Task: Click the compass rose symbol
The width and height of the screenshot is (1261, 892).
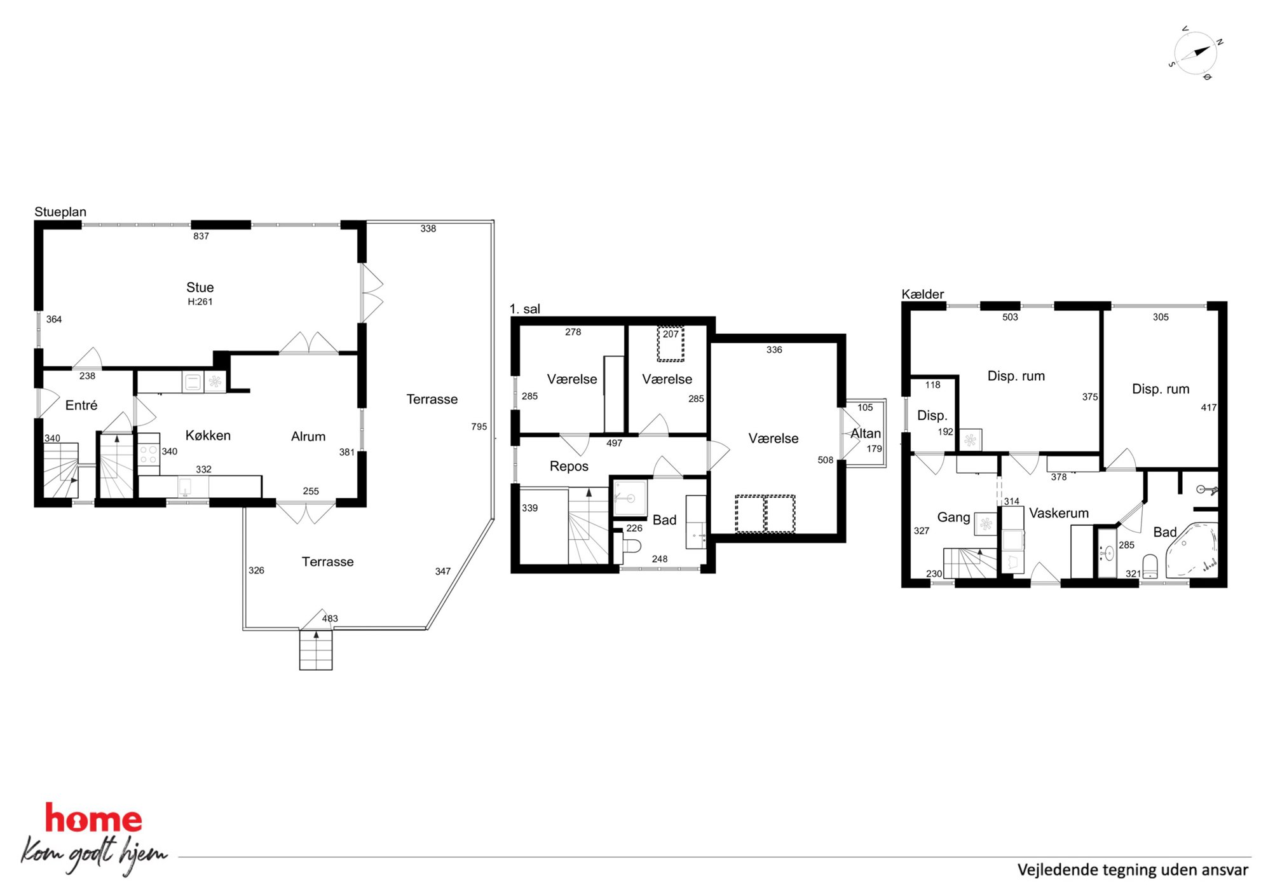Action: click(1196, 53)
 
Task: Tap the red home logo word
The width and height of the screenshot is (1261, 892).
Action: click(93, 818)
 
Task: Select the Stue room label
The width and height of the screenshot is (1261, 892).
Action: click(200, 287)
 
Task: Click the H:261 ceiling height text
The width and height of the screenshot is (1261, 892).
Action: click(200, 302)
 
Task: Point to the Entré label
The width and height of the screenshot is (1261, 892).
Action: click(81, 405)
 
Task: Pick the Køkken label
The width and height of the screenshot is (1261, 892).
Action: click(208, 436)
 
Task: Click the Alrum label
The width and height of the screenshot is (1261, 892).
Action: click(308, 436)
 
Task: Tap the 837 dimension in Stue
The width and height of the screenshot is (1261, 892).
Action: click(201, 236)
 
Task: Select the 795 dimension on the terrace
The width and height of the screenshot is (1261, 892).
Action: click(479, 427)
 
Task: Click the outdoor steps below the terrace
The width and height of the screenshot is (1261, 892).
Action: click(316, 650)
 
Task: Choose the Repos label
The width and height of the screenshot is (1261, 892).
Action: click(569, 466)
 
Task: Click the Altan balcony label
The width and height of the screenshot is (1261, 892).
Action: click(866, 433)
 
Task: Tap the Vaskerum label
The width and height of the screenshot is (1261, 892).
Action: click(1059, 513)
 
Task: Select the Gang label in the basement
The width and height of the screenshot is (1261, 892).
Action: click(953, 518)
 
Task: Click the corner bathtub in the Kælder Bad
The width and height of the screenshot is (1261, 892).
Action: click(1191, 551)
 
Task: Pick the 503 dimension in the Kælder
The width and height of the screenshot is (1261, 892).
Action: click(1010, 317)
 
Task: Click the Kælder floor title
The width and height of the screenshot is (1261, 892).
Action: click(923, 294)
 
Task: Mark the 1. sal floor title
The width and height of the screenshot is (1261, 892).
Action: click(524, 309)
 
